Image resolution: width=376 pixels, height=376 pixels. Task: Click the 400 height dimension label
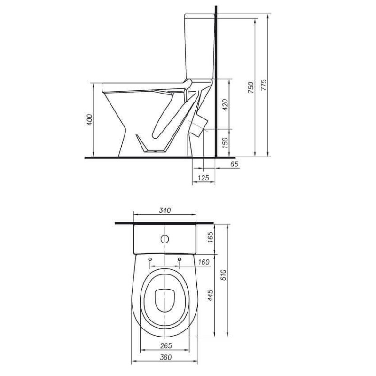coord(89,120)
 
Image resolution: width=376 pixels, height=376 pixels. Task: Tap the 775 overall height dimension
coord(264,85)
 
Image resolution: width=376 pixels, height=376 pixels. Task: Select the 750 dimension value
coord(251,87)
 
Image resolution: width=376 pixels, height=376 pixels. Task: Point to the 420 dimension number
coord(226,105)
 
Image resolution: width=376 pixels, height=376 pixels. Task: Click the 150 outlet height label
coord(226,143)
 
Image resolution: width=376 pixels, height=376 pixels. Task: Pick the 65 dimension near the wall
coord(234,164)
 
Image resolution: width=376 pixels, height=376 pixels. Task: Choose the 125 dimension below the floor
coord(204,178)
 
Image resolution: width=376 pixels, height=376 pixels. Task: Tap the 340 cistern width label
coord(165,210)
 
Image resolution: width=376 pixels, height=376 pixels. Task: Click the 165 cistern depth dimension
coord(210,237)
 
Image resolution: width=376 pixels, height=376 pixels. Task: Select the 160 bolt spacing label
coord(204,262)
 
